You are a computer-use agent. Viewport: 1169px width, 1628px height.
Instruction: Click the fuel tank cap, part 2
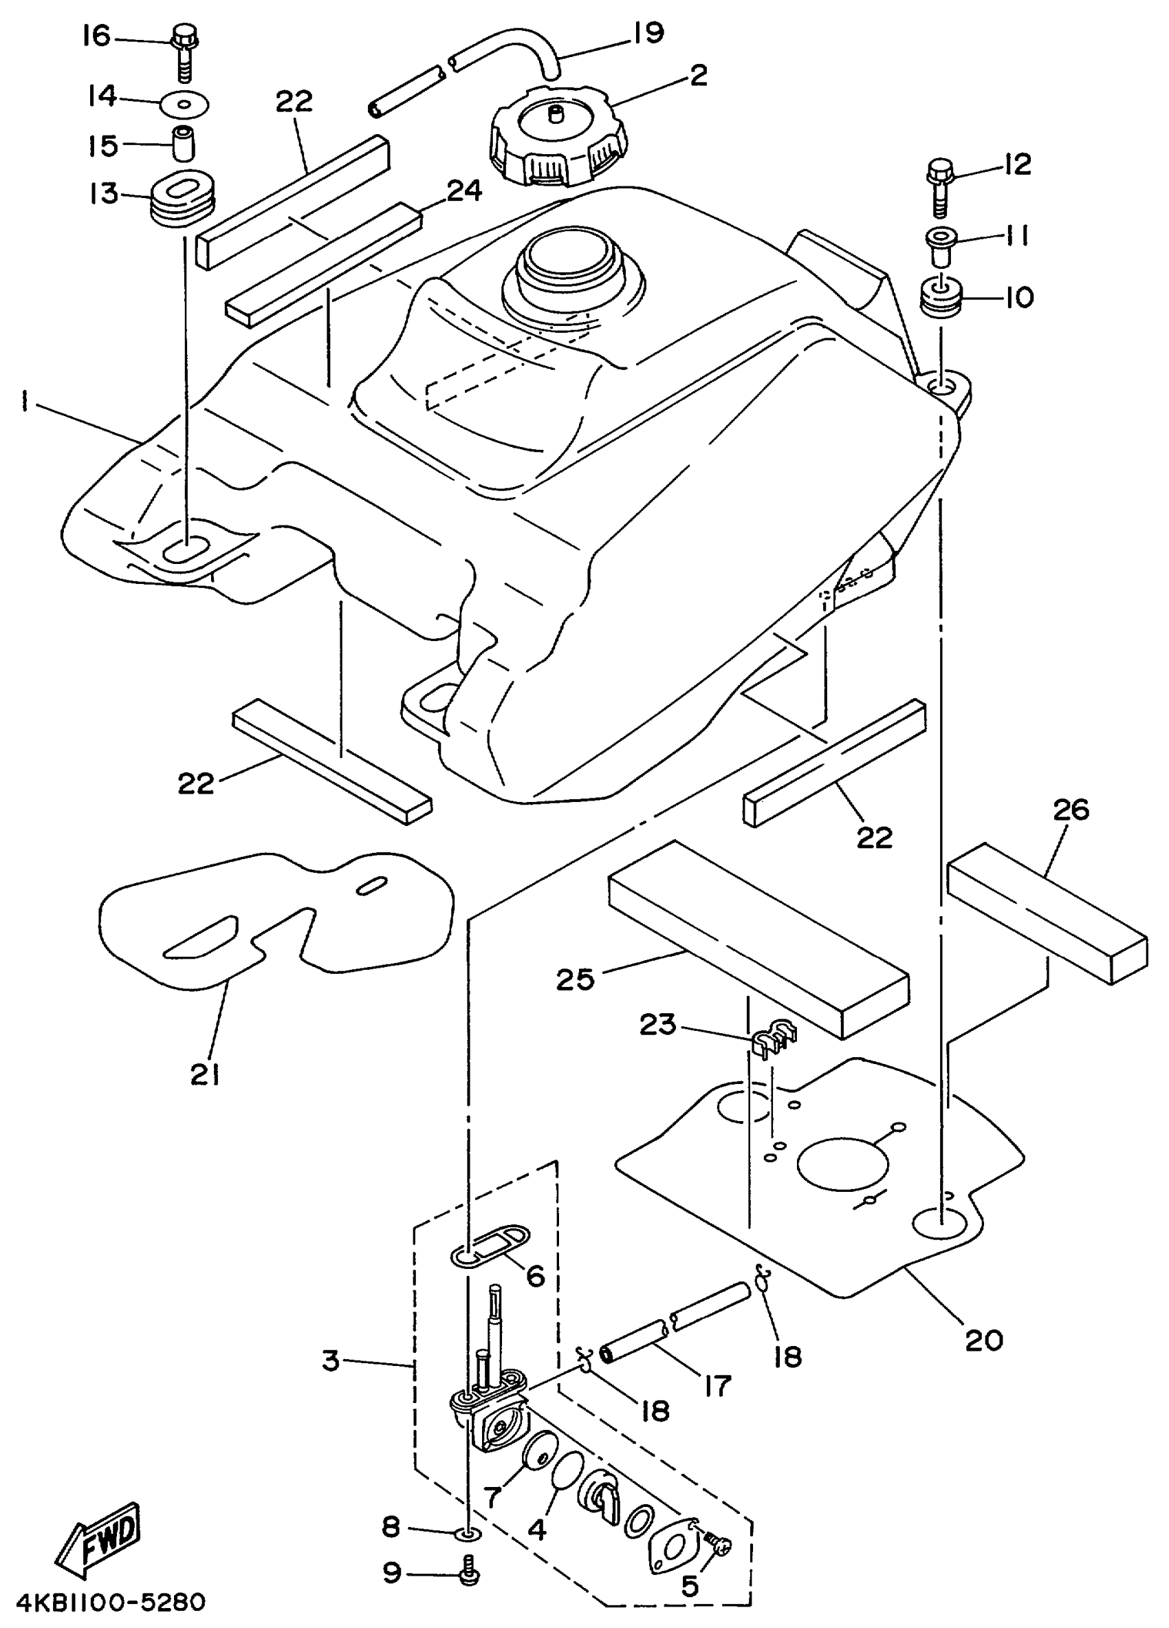(x=557, y=140)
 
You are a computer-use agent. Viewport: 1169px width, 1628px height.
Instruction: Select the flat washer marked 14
(x=185, y=105)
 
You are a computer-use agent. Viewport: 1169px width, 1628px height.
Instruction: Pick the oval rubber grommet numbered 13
(x=183, y=196)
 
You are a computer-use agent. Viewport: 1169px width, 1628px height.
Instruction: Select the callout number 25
(x=576, y=979)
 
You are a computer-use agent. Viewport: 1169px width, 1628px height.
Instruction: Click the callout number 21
(x=204, y=1074)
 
